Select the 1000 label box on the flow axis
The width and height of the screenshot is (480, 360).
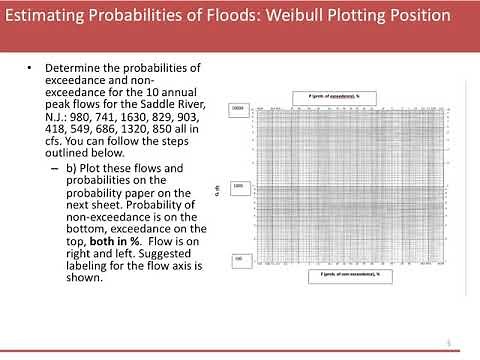[x=238, y=186]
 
